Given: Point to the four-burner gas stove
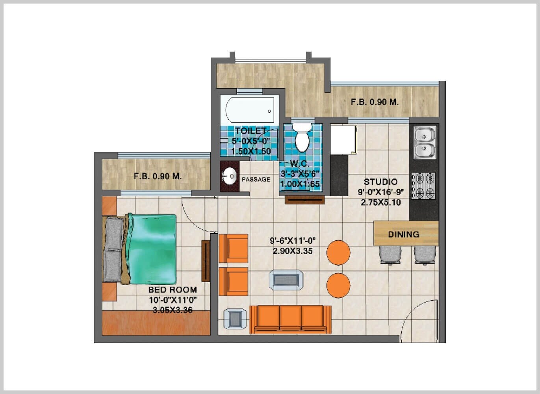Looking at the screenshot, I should pos(424,186).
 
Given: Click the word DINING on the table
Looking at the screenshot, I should pos(403,234).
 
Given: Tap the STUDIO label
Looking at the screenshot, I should pos(380,182).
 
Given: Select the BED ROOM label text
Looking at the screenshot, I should pos(173,290).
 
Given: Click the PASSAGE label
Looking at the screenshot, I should pos(256,180).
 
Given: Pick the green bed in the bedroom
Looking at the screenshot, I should pos(152,249).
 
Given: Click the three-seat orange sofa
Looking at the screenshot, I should pos(290,319).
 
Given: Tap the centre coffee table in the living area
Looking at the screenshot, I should pos(286,280).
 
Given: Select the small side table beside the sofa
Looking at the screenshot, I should pos(235,318).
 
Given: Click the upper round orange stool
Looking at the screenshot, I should pos(338,253).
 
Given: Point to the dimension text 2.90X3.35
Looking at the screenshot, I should pos(293,251).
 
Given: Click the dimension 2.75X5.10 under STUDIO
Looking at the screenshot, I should pos(380,203).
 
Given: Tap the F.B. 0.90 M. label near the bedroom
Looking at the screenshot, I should pos(158,176).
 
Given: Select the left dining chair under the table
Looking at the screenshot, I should pos(390,255).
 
